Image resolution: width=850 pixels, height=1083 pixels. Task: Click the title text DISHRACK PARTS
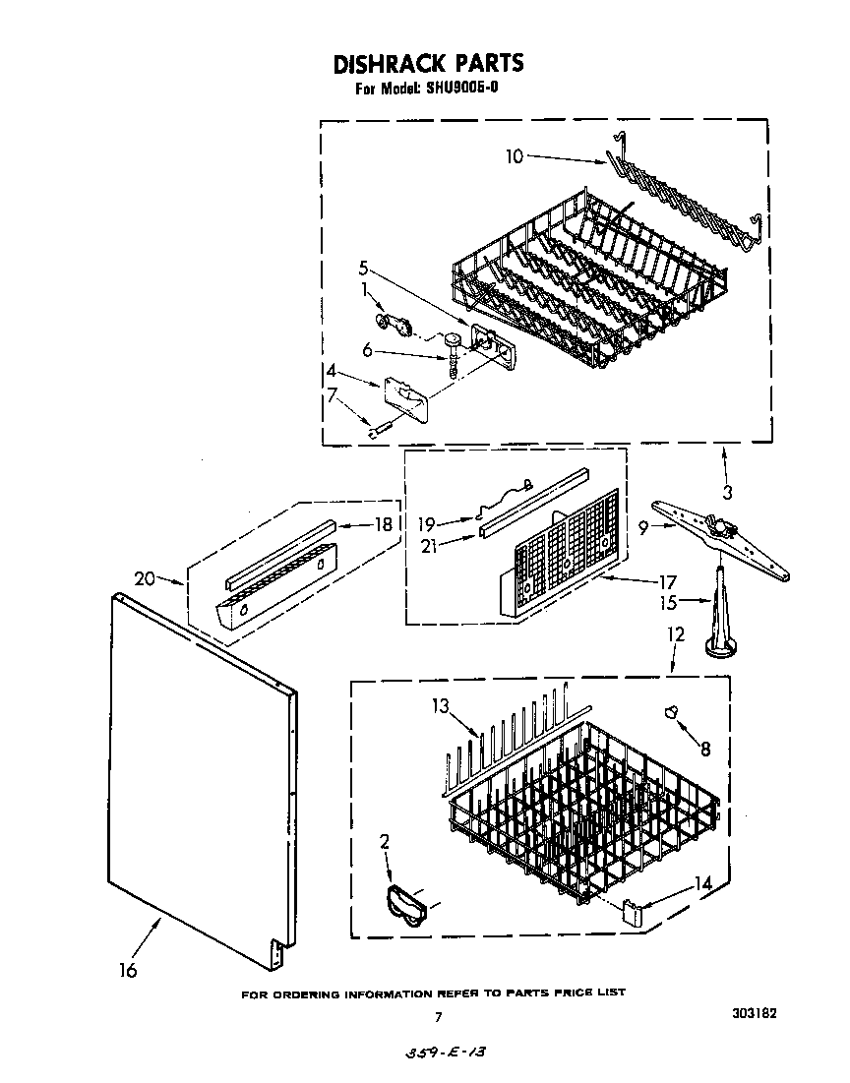coord(428,65)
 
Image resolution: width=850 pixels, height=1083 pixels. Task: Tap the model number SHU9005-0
coord(454,90)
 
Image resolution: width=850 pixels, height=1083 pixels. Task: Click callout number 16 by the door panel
coord(127,970)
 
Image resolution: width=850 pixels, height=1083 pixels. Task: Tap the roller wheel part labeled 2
coord(402,903)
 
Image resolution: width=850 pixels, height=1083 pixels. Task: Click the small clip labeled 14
coord(633,912)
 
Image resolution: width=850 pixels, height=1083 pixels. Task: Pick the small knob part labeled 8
coord(673,713)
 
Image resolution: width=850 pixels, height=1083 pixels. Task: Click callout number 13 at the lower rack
coord(440,705)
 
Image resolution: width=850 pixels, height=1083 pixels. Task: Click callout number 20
coord(145,578)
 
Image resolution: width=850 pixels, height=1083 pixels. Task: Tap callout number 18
coord(385,525)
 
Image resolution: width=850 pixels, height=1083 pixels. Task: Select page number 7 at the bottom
coord(439,1017)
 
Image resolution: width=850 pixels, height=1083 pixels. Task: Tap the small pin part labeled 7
coord(378,427)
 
